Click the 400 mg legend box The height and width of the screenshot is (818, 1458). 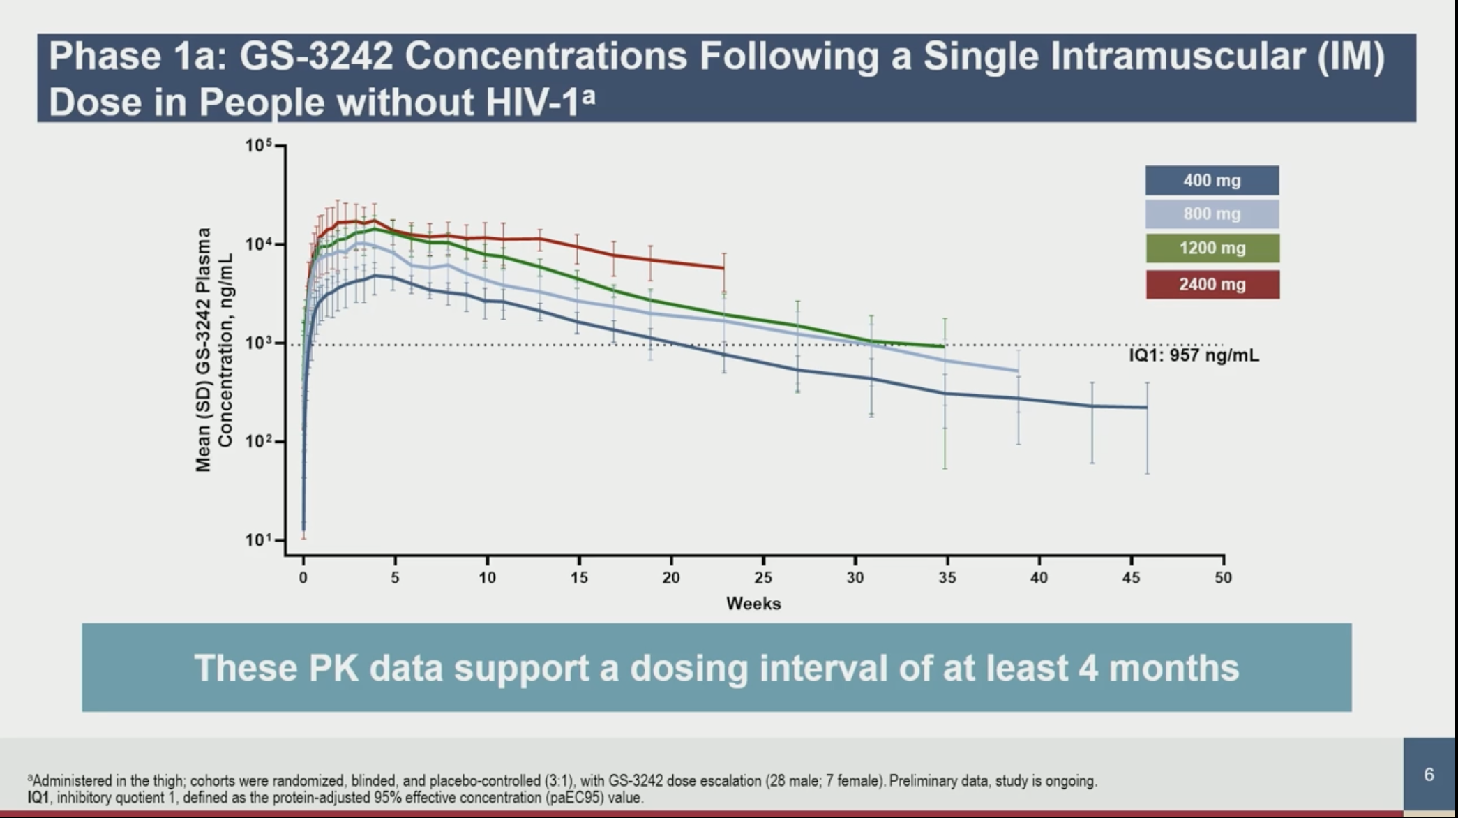point(1212,180)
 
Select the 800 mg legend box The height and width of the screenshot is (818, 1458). point(1212,214)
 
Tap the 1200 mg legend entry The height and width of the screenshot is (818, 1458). point(1212,248)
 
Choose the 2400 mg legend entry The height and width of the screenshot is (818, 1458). point(1212,285)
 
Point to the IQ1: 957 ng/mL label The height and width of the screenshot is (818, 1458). point(1194,356)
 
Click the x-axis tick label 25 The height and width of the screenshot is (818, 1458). point(763,578)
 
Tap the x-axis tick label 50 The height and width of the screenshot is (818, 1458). point(1223,578)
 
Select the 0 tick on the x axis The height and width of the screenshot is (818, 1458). point(303,578)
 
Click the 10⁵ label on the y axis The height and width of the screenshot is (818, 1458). point(258,146)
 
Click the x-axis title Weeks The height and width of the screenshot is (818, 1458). point(753,604)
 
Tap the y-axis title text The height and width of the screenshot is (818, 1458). point(213,349)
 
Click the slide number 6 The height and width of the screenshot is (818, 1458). point(1429,775)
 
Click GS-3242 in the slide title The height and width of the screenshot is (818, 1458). point(316,56)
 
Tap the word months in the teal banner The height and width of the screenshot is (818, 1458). point(1173,668)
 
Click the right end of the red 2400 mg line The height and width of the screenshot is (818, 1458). point(723,268)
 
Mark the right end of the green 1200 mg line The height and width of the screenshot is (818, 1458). point(944,346)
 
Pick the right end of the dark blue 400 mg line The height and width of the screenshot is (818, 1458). point(1147,407)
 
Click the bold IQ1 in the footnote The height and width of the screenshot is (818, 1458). point(38,797)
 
